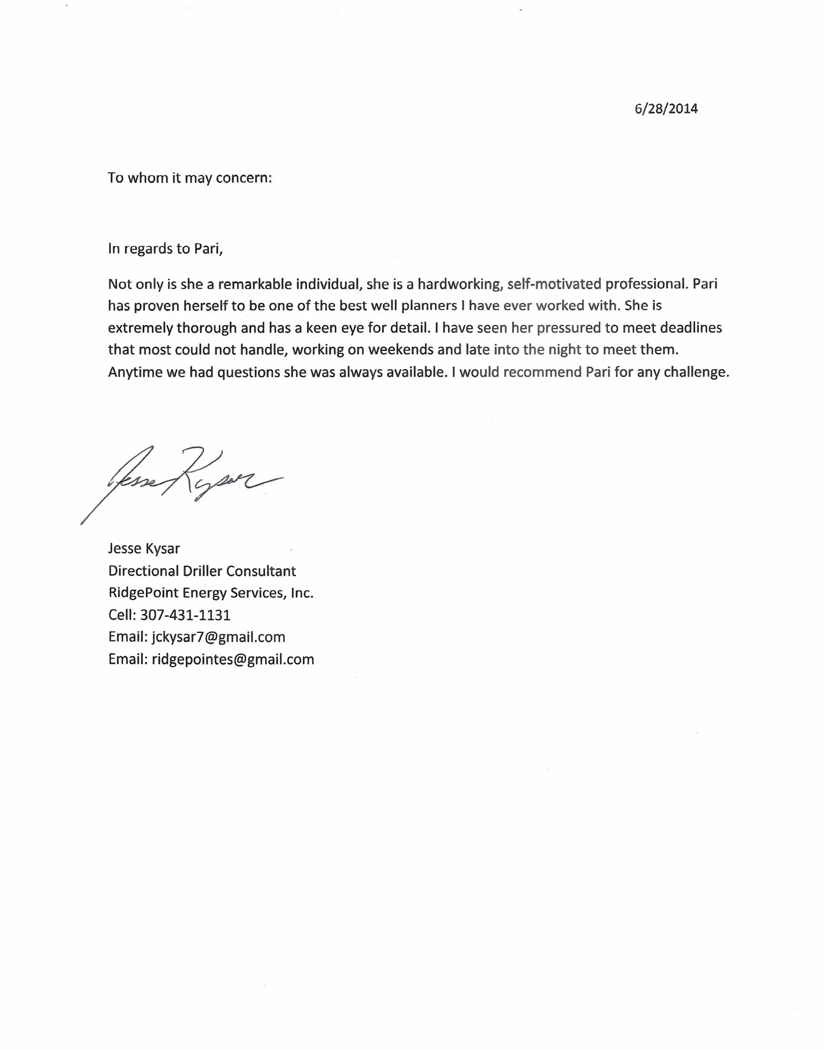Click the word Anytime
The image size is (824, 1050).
(x=135, y=373)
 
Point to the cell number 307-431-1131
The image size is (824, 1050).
(x=185, y=615)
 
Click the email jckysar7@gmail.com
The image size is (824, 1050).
(x=218, y=637)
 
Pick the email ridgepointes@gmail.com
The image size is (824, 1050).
(x=233, y=659)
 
